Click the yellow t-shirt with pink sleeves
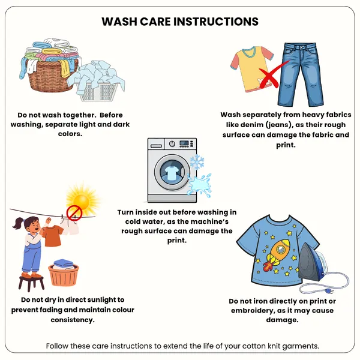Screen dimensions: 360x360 [x=252, y=69]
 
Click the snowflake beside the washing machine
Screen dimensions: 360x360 [x=197, y=161]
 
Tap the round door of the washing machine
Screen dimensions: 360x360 [x=172, y=172]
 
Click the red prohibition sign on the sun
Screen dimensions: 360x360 [x=74, y=213]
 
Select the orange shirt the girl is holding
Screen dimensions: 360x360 [x=52, y=236]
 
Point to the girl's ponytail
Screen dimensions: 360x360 [x=19, y=223]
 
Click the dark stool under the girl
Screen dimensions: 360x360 [x=31, y=284]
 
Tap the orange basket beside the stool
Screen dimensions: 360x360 [x=64, y=275]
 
